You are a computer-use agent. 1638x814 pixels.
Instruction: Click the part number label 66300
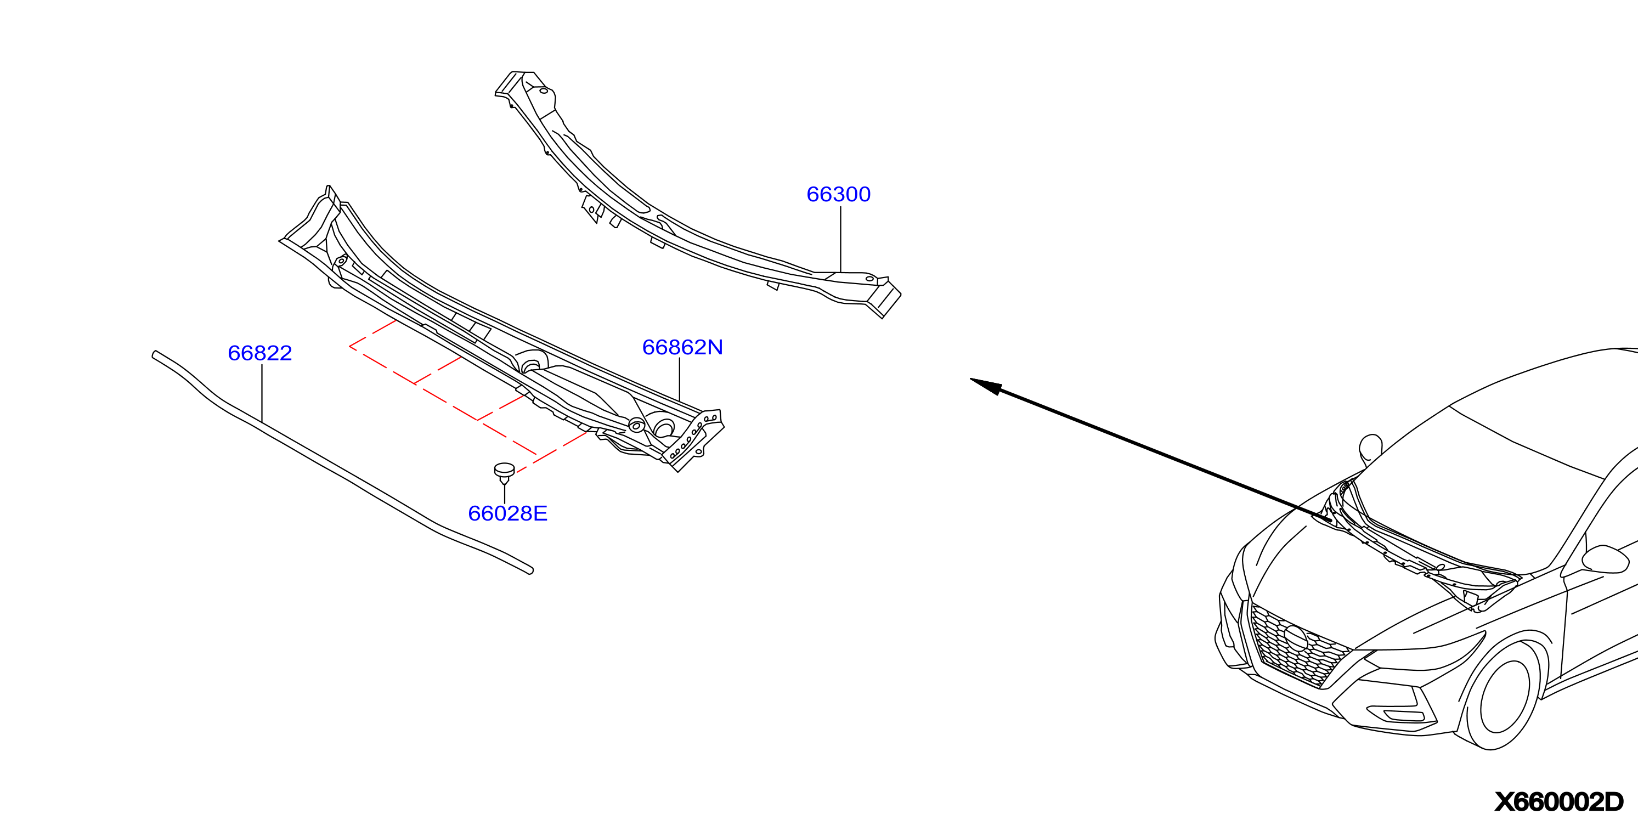click(x=838, y=194)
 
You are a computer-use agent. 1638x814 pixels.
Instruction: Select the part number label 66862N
click(x=682, y=347)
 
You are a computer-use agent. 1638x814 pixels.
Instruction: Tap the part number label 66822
click(x=259, y=353)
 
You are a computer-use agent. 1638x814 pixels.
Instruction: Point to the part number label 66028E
click(x=507, y=513)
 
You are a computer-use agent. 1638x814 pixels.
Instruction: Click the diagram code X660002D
click(x=1558, y=801)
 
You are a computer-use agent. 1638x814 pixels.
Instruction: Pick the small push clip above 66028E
click(x=504, y=472)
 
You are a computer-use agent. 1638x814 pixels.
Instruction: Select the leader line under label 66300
click(x=840, y=239)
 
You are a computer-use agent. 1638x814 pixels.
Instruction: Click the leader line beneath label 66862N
click(x=680, y=379)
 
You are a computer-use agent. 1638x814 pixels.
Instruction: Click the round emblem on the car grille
click(x=1295, y=638)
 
